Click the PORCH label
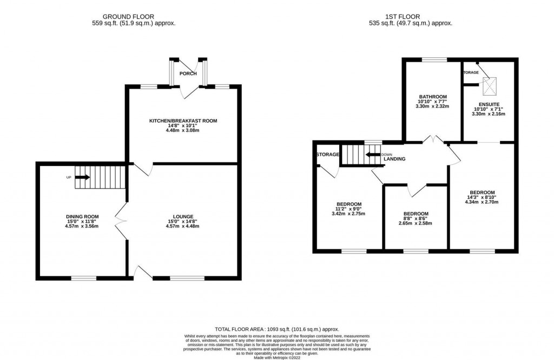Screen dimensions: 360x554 click(x=188, y=74)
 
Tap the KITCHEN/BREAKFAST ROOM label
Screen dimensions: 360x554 click(x=183, y=121)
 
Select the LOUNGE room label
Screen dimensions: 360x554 click(x=183, y=216)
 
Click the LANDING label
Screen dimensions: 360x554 click(x=394, y=159)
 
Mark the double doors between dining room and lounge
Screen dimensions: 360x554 click(x=120, y=218)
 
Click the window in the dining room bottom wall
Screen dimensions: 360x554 click(x=84, y=278)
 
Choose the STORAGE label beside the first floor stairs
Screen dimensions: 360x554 click(x=328, y=155)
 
